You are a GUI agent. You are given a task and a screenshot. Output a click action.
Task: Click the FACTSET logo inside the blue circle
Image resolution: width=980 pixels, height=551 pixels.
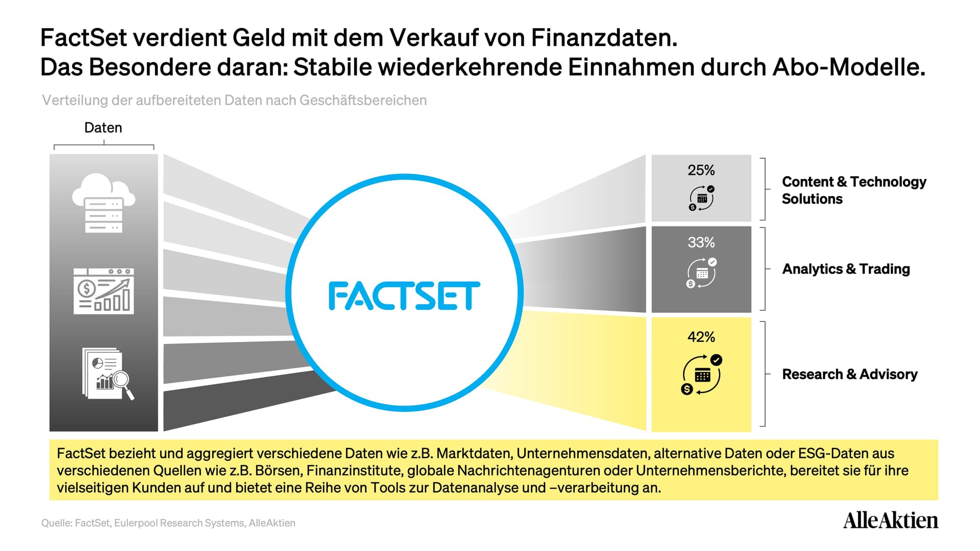pos(404,296)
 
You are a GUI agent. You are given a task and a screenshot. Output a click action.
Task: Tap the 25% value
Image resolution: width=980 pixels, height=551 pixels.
pos(701,170)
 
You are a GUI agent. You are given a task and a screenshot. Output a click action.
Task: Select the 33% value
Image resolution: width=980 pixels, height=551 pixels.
pos(701,242)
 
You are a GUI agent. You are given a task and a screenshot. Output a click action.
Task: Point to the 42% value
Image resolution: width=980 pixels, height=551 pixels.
pos(701,337)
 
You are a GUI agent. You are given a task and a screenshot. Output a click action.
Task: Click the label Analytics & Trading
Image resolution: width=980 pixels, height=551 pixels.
pos(846,269)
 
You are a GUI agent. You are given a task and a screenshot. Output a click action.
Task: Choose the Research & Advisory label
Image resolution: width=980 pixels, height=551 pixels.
pos(849,374)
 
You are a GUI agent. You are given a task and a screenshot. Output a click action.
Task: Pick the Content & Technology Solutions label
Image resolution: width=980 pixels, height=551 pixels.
pos(854,190)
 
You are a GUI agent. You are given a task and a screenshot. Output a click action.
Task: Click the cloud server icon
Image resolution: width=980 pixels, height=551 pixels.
pos(104,203)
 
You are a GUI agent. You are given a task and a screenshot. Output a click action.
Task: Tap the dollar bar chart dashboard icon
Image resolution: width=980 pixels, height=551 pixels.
pos(104,291)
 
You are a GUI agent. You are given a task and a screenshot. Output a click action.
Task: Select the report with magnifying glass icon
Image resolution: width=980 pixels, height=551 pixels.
pos(108,373)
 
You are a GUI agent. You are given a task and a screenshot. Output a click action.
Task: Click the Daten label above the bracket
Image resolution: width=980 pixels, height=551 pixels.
pos(103,128)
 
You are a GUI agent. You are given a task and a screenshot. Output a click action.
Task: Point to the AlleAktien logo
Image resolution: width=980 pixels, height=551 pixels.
pos(890,520)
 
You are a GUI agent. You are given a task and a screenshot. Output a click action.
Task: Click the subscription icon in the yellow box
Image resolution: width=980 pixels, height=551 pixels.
pos(702,374)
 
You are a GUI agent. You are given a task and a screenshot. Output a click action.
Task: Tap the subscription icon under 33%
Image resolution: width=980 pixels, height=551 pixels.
pos(701,273)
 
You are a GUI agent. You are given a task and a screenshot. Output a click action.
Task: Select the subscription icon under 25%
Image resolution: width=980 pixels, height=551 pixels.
pos(702,198)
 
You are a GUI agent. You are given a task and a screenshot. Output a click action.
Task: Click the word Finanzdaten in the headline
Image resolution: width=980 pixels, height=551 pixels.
pos(604,38)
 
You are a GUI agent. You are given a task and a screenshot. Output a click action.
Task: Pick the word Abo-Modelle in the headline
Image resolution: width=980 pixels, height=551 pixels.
pos(849,67)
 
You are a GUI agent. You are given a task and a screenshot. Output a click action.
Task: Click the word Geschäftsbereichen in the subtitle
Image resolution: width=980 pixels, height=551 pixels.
pos(363,101)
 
